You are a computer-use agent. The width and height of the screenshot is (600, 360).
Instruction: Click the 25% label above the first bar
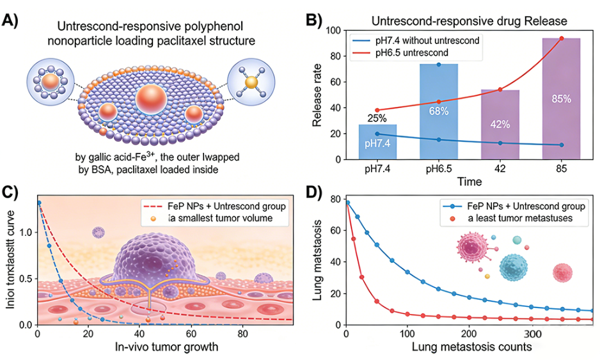pos(376,118)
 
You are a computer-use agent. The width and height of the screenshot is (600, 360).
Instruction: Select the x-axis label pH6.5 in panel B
pos(438,169)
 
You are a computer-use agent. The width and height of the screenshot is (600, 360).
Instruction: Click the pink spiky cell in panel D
pos(471,249)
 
